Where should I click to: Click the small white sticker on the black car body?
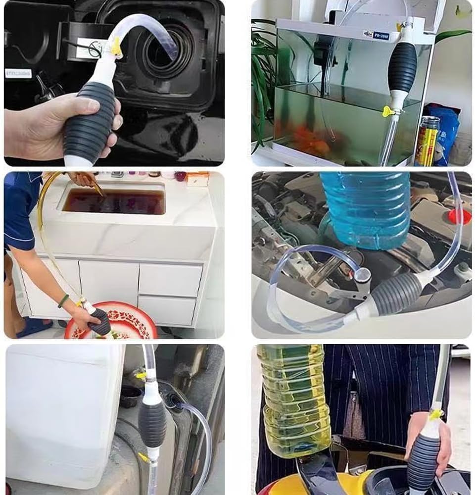[x=18, y=73]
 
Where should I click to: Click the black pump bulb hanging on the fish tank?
[x=404, y=67]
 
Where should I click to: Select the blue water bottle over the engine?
[x=365, y=208]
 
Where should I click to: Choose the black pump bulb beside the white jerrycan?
[x=152, y=423]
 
